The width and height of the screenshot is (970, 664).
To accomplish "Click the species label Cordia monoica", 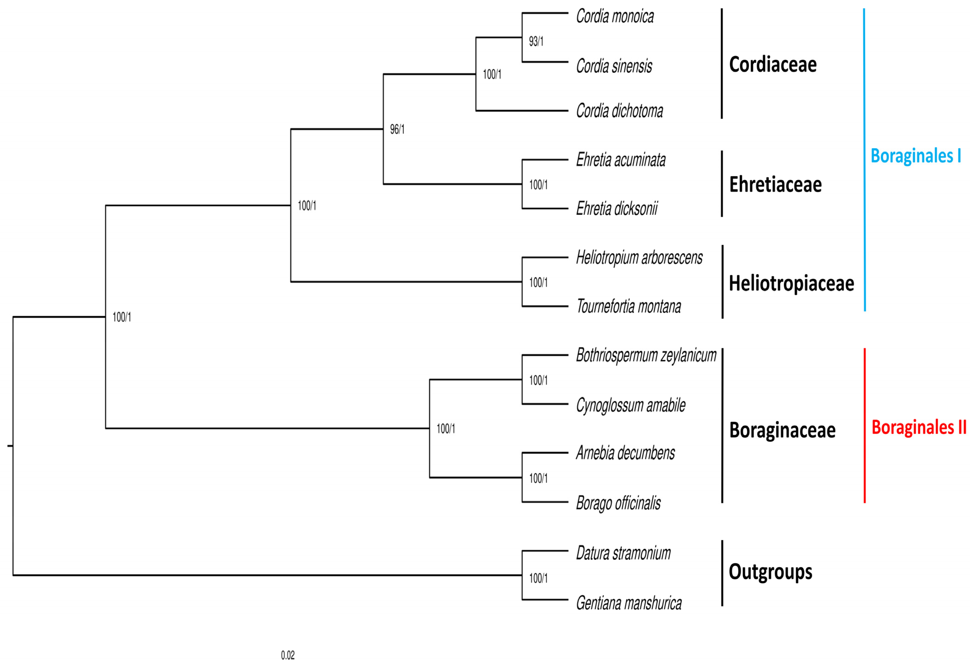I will [x=614, y=16].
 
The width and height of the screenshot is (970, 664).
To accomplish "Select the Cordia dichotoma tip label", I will [x=619, y=111].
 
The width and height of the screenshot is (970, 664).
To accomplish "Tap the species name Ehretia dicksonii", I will [x=617, y=208].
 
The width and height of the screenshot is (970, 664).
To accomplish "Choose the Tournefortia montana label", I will [x=629, y=306].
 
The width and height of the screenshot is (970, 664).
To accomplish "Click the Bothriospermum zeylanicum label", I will [x=646, y=355].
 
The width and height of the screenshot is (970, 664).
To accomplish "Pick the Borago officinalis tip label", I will [x=618, y=503].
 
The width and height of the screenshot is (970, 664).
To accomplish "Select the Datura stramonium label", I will [x=623, y=553].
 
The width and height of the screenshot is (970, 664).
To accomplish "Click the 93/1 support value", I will [x=536, y=41].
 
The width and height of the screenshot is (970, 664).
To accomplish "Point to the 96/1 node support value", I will [x=397, y=129].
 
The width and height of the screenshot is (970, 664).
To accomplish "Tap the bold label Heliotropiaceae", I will [x=791, y=283].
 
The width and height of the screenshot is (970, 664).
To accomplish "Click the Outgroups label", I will [x=770, y=572].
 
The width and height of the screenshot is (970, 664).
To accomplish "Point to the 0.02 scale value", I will [x=288, y=655].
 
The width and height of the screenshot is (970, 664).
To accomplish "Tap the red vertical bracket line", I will [x=864, y=426].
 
